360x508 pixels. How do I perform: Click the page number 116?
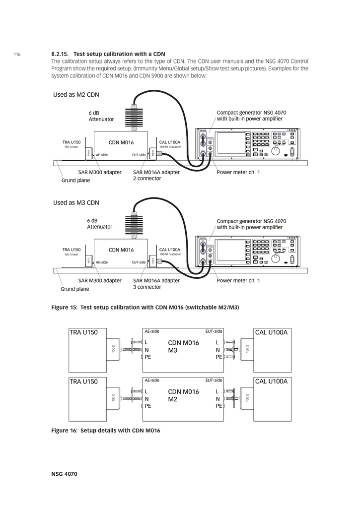[17, 54]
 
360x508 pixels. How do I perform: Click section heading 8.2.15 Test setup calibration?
[108, 54]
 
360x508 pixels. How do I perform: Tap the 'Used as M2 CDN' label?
[76, 94]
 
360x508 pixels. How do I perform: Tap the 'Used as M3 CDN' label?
[76, 202]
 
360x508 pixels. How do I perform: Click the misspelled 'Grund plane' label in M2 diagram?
[75, 181]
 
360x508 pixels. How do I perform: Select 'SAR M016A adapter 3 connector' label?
[156, 284]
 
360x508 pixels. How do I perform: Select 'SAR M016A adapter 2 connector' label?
[156, 175]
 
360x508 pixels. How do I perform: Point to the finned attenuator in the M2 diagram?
[134, 118]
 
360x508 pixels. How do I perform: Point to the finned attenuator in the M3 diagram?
[134, 226]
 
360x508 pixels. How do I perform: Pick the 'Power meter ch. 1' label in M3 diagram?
[238, 281]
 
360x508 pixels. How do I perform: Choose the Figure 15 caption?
[145, 308]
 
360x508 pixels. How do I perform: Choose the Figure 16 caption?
[106, 431]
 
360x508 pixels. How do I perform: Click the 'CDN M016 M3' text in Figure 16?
[183, 347]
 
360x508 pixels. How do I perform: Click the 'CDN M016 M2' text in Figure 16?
[183, 395]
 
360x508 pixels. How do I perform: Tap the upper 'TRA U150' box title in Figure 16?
[84, 332]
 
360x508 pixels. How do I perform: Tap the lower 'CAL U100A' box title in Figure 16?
[271, 381]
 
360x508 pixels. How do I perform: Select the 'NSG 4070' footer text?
[64, 474]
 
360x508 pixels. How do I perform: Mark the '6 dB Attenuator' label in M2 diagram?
[101, 116]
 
